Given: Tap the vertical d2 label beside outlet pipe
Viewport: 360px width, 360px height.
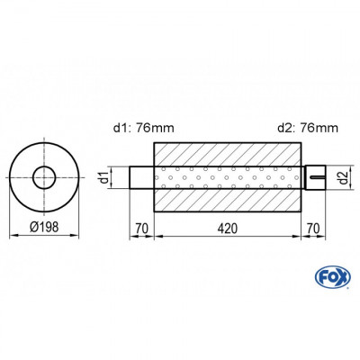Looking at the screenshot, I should point(342,175).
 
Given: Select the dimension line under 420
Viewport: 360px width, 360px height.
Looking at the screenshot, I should point(229,237).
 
